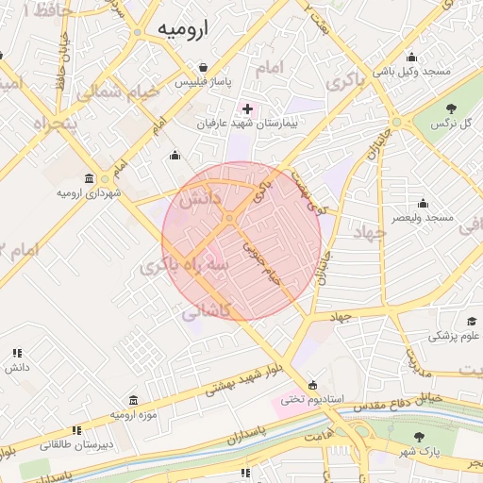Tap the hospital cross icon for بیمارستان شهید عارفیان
(247, 108)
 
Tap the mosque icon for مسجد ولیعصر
(423, 203)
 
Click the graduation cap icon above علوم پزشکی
(471, 321)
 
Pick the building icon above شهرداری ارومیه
(89, 178)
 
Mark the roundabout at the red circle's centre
(229, 220)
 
